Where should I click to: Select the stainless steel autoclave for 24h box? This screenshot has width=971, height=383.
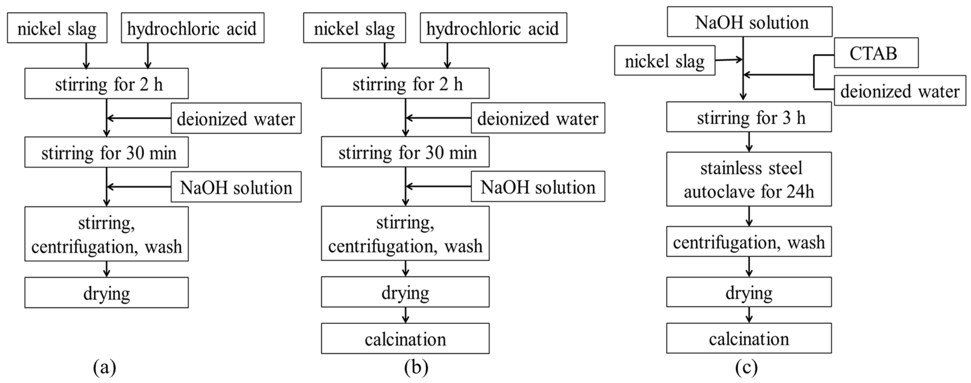pos(749,179)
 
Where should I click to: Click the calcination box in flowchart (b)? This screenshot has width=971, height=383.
pos(405,339)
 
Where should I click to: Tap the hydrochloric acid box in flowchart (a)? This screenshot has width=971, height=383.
pos(192,28)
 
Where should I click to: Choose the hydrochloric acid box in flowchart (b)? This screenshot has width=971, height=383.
pos(493,28)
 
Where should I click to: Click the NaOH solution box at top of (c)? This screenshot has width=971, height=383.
pos(749,22)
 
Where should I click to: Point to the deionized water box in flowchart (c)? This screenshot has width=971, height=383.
pos(900,91)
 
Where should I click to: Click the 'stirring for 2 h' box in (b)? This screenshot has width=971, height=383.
pos(405,83)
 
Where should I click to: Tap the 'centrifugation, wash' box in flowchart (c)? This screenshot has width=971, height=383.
pos(749,242)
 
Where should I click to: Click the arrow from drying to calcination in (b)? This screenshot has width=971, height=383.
pos(405,315)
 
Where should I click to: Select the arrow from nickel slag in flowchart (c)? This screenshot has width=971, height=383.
pos(729,60)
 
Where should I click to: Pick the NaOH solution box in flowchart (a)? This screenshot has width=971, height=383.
pos(236,187)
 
